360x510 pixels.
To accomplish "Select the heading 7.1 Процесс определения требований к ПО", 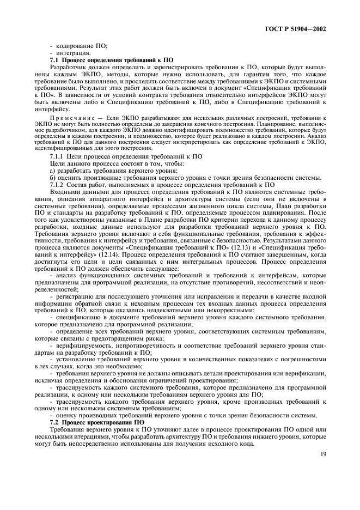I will tap(111, 60).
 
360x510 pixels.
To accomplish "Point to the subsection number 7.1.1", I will tap(58, 156).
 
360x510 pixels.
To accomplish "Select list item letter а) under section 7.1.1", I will tap(53, 171).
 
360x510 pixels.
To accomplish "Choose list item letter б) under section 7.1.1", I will tap(53, 178).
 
